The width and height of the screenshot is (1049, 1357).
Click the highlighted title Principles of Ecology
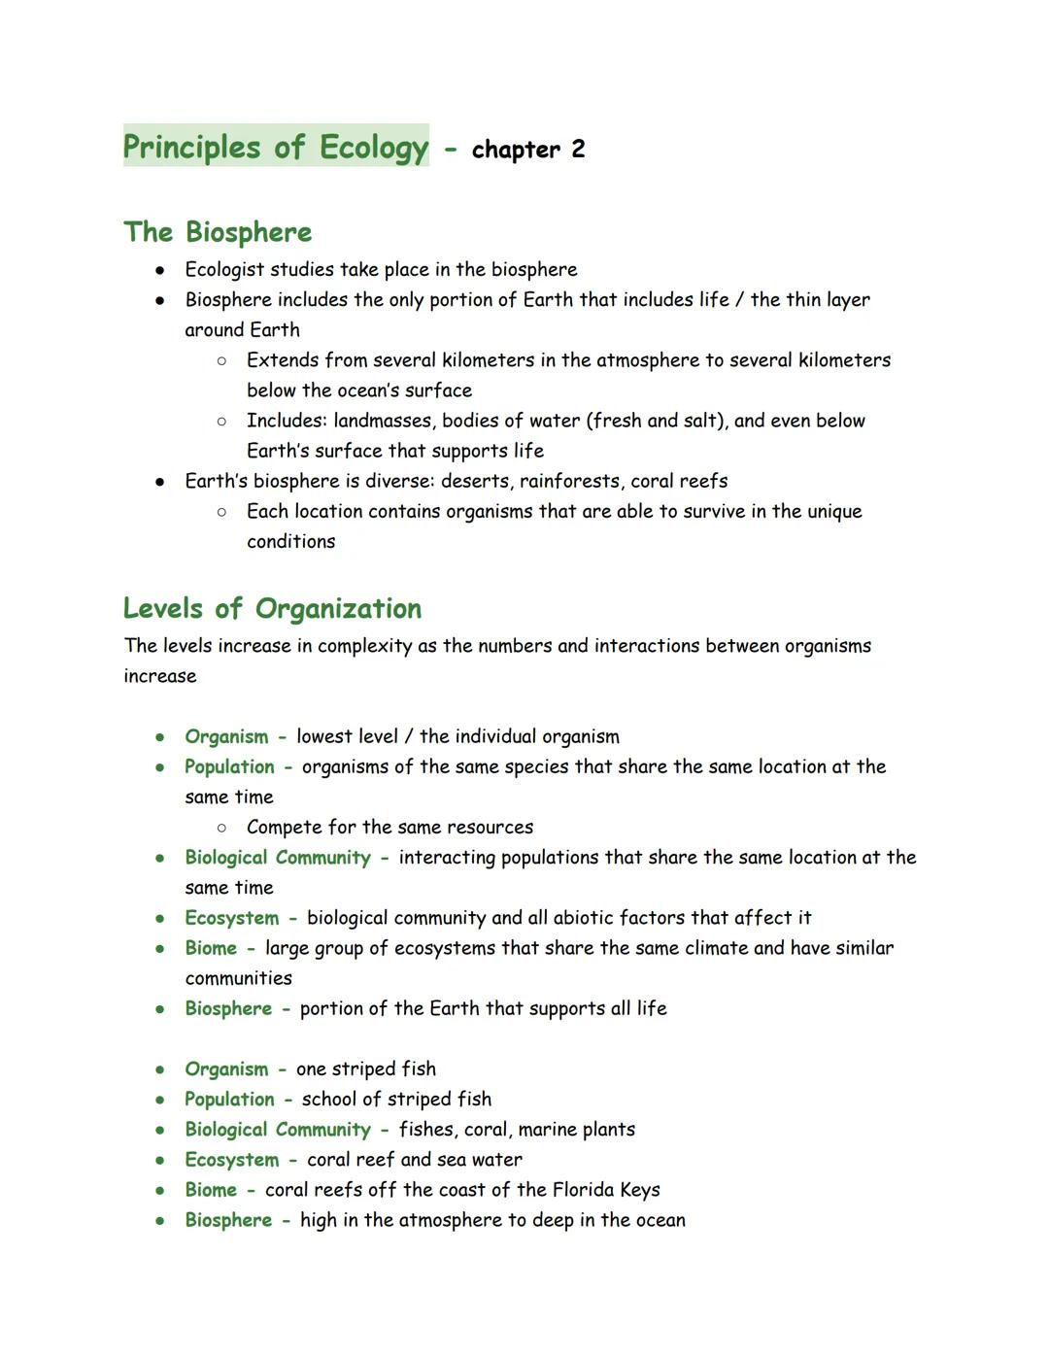click(275, 147)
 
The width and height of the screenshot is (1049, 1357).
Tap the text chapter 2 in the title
click(527, 150)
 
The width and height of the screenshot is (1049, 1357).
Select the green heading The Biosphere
click(218, 232)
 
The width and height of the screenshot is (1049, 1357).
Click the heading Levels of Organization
click(272, 609)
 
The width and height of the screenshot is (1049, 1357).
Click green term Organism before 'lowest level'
click(226, 737)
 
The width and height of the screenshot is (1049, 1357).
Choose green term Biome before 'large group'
click(211, 948)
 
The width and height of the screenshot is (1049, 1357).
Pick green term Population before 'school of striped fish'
click(229, 1100)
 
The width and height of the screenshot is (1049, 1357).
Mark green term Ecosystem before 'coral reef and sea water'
click(231, 1160)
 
